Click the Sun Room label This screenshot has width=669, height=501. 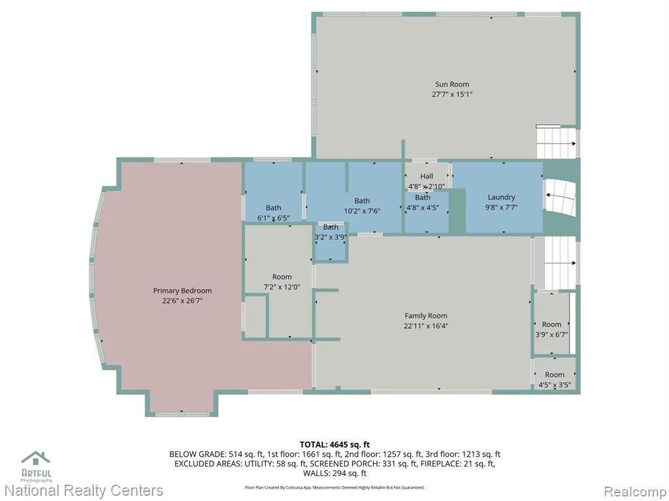(452, 84)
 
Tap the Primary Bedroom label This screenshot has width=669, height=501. (182, 291)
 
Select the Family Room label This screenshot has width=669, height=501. (426, 316)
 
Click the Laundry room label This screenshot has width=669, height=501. (501, 198)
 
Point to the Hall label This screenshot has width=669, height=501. (427, 176)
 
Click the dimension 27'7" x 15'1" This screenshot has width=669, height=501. (452, 95)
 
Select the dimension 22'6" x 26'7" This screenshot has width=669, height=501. (182, 301)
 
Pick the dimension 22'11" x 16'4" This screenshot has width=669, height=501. (426, 326)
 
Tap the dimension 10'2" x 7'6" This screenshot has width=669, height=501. (362, 211)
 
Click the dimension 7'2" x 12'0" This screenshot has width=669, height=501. (282, 287)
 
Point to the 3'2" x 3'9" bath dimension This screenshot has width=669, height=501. (330, 237)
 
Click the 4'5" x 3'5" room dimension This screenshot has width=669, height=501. (555, 385)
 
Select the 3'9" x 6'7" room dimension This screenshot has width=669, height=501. (551, 335)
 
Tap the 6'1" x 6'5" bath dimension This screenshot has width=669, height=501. (274, 219)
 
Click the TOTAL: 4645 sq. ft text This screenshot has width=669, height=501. (334, 445)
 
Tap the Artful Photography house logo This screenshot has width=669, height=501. (36, 458)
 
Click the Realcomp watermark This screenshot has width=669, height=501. (634, 491)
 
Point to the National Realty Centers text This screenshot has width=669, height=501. (84, 491)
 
